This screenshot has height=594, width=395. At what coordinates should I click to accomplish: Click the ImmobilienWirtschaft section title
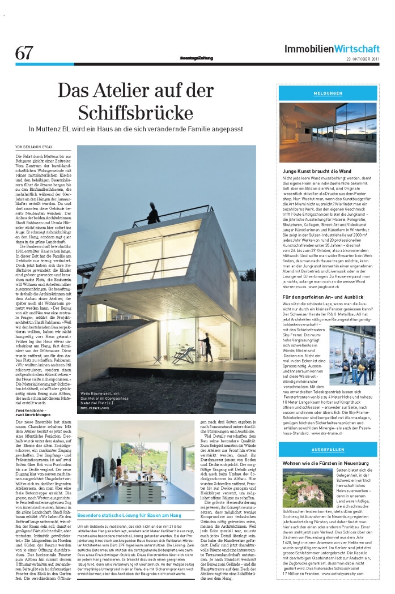(x=332, y=49)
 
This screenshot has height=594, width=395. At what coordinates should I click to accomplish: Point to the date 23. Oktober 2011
(x=363, y=59)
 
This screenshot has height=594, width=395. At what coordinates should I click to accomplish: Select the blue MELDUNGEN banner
(x=328, y=93)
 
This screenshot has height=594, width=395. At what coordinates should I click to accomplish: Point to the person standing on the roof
(x=153, y=213)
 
